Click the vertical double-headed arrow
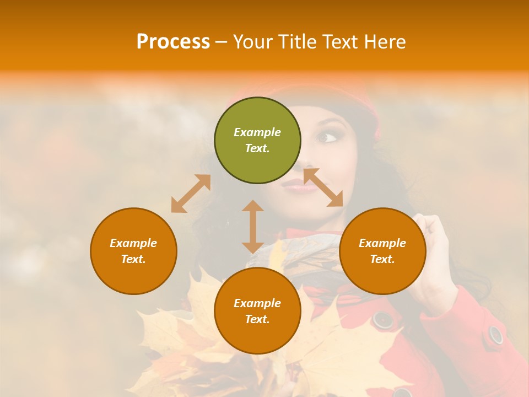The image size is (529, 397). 253,227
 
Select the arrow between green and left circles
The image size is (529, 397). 191,193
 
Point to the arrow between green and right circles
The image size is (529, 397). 323,187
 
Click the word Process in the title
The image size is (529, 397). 173,41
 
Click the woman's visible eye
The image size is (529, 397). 329,137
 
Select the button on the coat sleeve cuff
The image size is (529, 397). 495,334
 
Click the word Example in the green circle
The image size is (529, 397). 257,132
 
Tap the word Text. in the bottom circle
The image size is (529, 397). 257,319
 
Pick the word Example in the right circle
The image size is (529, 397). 382,243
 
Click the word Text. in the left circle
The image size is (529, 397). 133,259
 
